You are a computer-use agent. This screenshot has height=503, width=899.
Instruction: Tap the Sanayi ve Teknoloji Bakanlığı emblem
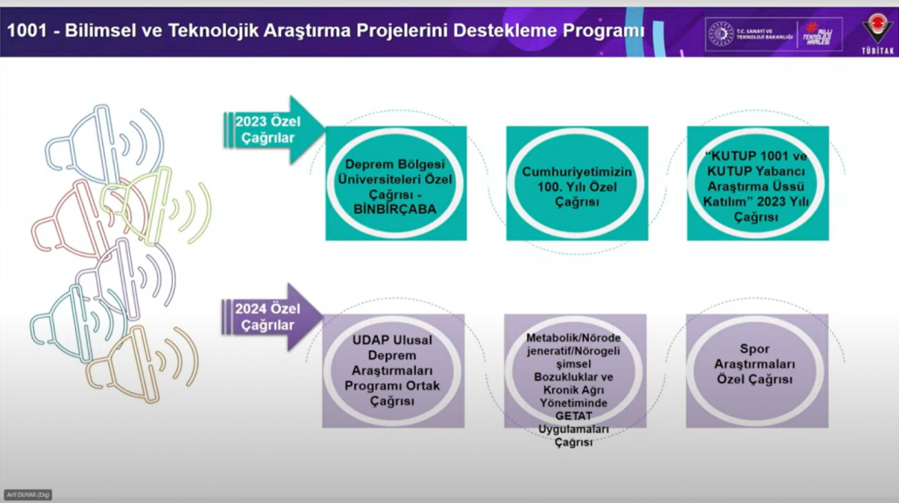721,33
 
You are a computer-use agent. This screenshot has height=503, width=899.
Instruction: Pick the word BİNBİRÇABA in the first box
395,209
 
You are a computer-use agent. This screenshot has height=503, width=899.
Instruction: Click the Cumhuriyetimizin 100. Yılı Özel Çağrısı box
577,183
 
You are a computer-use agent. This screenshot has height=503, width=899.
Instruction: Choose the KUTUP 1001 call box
757,183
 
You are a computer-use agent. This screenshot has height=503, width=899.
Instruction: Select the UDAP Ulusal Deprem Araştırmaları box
393,370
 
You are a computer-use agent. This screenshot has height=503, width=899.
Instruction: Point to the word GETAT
573,416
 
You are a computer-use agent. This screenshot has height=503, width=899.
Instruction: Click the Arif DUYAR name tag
27,495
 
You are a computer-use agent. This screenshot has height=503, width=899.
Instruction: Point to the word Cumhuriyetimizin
577,171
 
